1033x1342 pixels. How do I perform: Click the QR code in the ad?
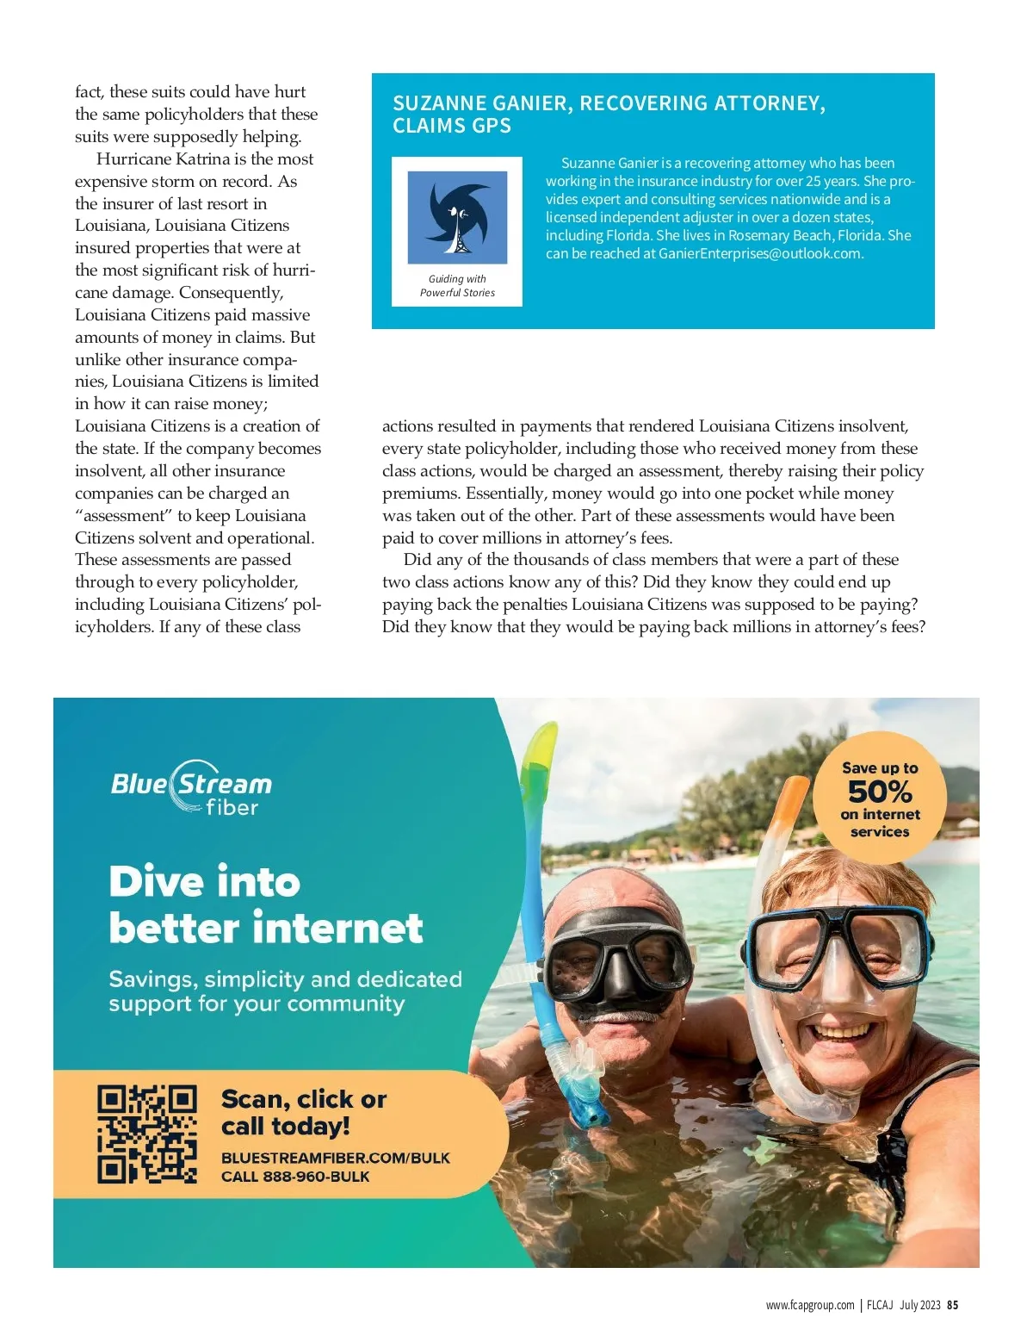click(x=147, y=1133)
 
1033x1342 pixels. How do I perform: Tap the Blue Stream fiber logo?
click(x=191, y=787)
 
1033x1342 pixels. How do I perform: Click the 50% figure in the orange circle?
click(x=879, y=791)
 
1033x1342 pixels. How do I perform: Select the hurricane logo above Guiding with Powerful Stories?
click(x=457, y=217)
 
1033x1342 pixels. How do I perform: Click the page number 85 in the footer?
click(x=952, y=1305)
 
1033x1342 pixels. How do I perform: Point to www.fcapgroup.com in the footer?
click(x=810, y=1305)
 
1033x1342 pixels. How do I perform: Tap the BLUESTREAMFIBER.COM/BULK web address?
click(x=335, y=1158)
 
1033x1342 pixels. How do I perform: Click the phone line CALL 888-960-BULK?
click(x=295, y=1177)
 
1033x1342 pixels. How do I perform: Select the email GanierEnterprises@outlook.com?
click(x=760, y=253)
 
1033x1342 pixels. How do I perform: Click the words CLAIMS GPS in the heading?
click(x=452, y=126)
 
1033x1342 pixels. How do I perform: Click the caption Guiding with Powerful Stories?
click(x=457, y=286)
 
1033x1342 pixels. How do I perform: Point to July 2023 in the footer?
click(x=919, y=1305)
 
